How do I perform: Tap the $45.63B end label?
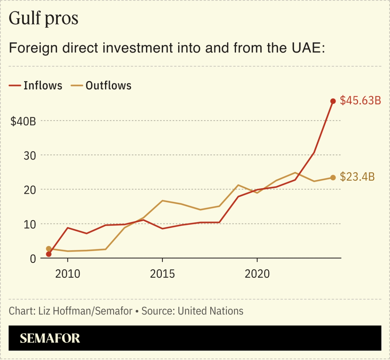coord(361,101)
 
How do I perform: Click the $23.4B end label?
coord(357,177)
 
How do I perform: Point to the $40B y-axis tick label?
coord(23,121)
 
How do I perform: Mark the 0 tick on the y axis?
coord(32,258)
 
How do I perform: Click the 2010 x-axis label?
coord(68,274)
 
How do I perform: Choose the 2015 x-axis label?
coord(162,274)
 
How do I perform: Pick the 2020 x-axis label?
coord(257,274)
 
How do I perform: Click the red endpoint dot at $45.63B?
coord(333,101)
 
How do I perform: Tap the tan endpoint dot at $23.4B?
coord(333,178)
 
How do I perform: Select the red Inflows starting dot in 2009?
coord(49,254)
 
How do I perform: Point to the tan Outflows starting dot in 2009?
coord(49,249)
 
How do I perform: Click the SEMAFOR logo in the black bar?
coord(50,338)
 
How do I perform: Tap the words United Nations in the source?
coord(210,311)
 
